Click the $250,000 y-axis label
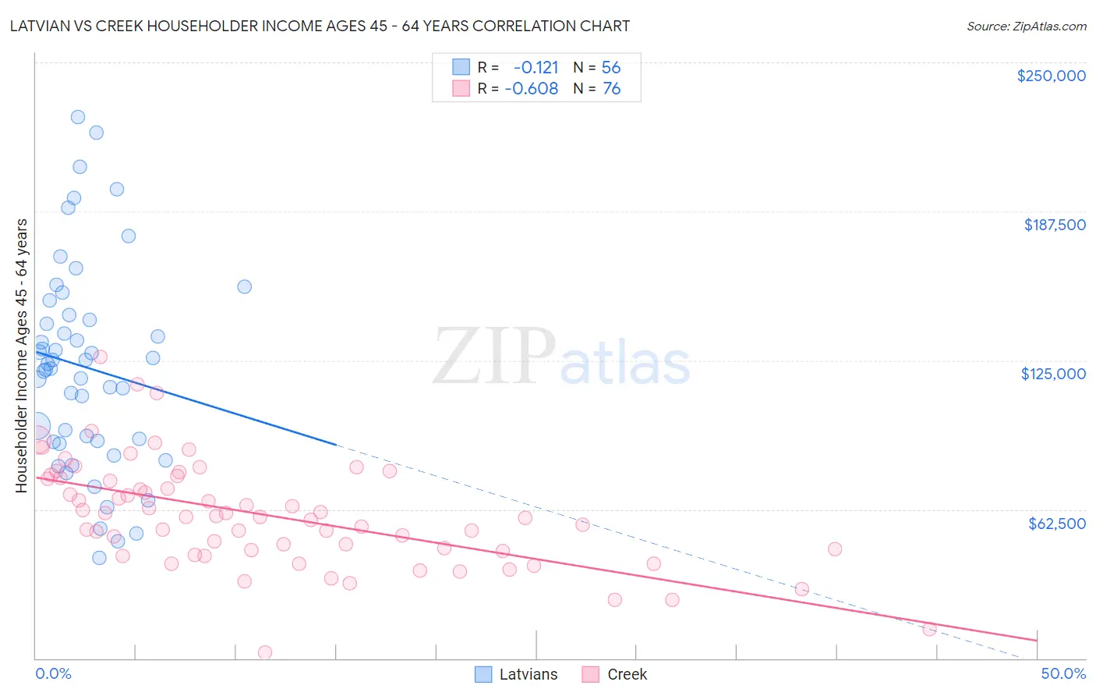(1051, 76)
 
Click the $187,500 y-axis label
(1054, 225)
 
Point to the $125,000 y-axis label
(1053, 374)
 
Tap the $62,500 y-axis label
(1056, 524)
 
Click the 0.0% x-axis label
(53, 673)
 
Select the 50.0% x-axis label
(1063, 673)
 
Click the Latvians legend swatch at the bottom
(483, 674)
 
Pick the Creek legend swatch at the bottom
(590, 674)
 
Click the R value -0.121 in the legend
(536, 67)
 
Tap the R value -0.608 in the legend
(532, 89)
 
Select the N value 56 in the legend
(611, 67)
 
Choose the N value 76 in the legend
(611, 89)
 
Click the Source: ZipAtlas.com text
(1026, 27)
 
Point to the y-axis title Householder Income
(21, 355)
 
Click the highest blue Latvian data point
(78, 117)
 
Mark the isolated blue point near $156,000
(244, 286)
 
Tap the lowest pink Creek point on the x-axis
(265, 652)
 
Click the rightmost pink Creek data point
(929, 629)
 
